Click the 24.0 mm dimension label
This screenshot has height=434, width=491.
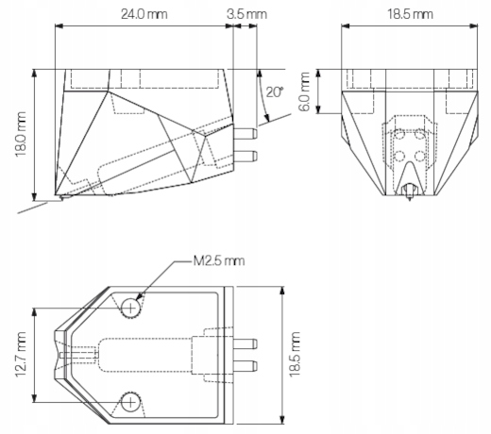pyautogui.click(x=144, y=14)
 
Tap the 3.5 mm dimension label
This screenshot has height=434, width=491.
pyautogui.click(x=246, y=14)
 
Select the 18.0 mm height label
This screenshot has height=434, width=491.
pyautogui.click(x=20, y=134)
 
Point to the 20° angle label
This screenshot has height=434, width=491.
pyautogui.click(x=275, y=92)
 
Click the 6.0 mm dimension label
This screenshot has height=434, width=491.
pyautogui.click(x=304, y=92)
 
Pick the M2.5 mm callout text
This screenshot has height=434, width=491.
pyautogui.click(x=219, y=261)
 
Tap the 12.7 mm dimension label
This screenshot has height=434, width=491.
pyautogui.click(x=20, y=355)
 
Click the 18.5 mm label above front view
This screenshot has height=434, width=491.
pyautogui.click(x=410, y=14)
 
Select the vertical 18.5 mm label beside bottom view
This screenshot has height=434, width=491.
pyautogui.click(x=295, y=354)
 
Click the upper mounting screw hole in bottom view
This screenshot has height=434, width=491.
pyautogui.click(x=130, y=308)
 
